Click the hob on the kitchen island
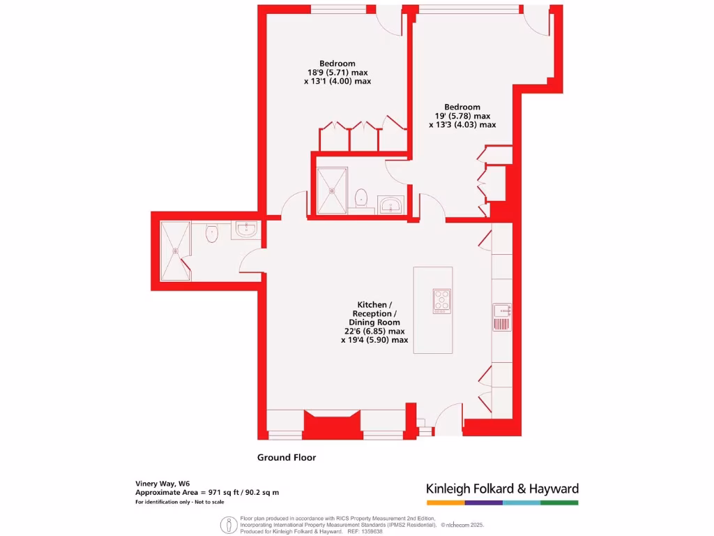(x=441, y=300)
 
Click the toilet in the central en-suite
(x=361, y=198)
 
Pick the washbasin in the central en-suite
(x=391, y=204)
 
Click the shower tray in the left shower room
(x=175, y=251)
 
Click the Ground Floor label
(x=287, y=458)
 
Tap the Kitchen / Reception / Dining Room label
(x=375, y=322)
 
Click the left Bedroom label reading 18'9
(x=337, y=72)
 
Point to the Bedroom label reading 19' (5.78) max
(x=462, y=116)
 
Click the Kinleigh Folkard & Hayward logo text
(x=502, y=489)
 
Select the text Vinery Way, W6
(x=162, y=483)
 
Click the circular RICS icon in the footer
(x=228, y=525)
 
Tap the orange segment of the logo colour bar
(x=445, y=502)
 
